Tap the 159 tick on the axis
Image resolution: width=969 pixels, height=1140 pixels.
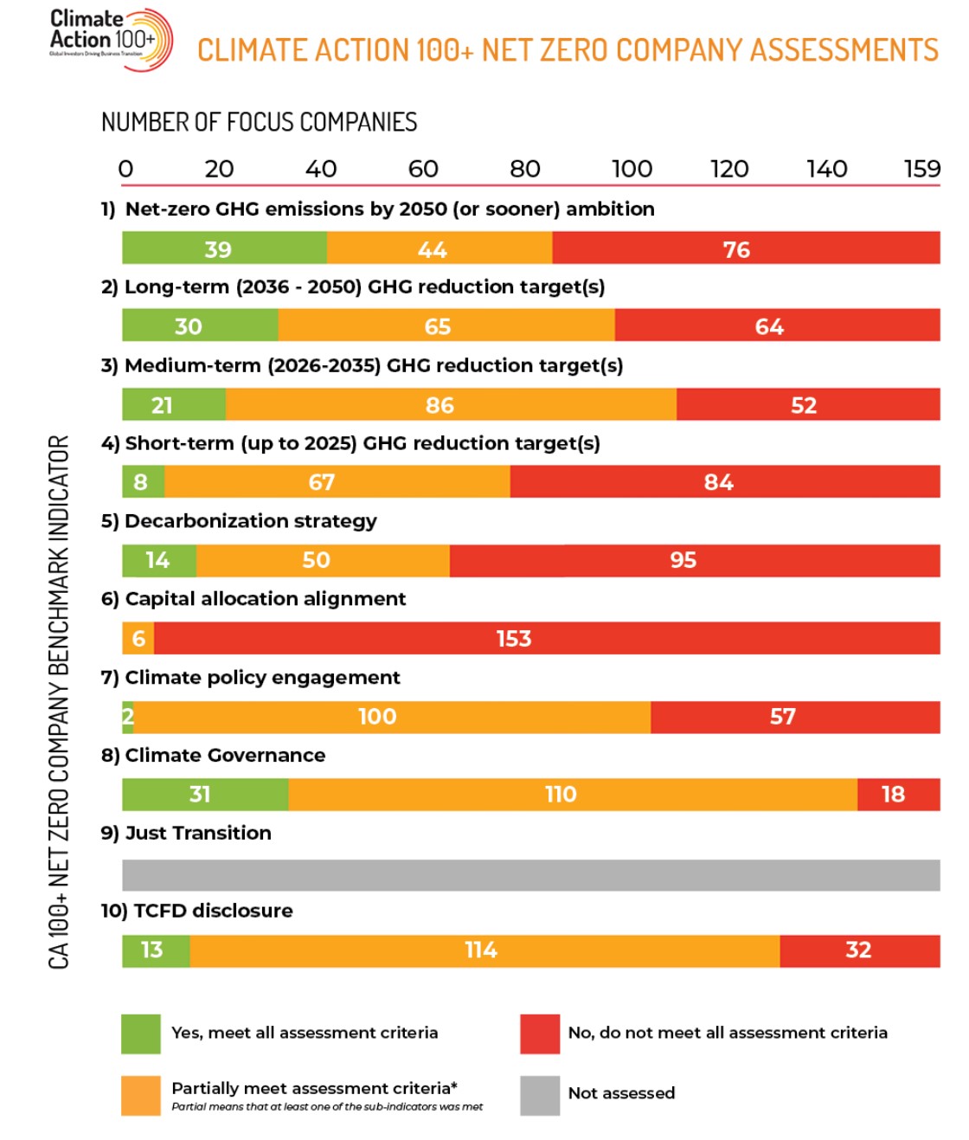pyautogui.click(x=921, y=169)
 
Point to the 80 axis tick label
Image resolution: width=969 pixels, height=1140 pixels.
pyautogui.click(x=525, y=169)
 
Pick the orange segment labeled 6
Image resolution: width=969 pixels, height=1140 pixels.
pyautogui.click(x=138, y=638)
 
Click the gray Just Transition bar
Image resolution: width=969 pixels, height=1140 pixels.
pyautogui.click(x=530, y=874)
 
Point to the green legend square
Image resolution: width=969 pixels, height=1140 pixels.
pyautogui.click(x=141, y=1034)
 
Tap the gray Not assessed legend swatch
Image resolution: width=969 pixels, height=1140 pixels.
pyautogui.click(x=540, y=1095)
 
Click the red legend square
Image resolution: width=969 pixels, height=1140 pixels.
pyautogui.click(x=540, y=1034)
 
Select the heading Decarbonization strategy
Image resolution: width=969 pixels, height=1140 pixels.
pyautogui.click(x=251, y=521)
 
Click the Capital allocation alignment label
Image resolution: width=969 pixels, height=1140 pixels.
pyautogui.click(x=265, y=599)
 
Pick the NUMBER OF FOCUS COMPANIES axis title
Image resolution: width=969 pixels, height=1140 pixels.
pyautogui.click(x=259, y=122)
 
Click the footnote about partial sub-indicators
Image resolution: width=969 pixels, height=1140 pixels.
pyautogui.click(x=327, y=1107)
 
